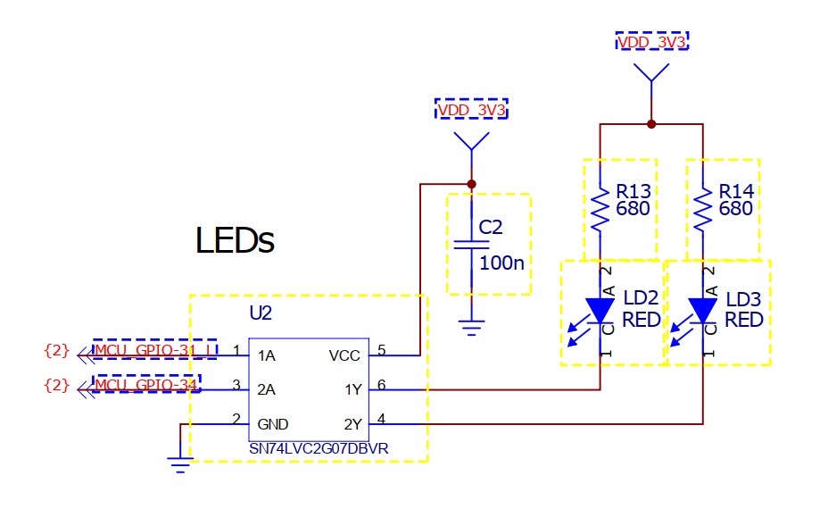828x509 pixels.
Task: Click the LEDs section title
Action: [235, 240]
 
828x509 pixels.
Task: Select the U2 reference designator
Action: [261, 313]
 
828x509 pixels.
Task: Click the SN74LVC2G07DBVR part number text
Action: [319, 449]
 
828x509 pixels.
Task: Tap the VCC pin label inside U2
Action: [344, 355]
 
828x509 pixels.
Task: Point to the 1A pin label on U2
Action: [266, 355]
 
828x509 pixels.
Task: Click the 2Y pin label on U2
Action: [352, 424]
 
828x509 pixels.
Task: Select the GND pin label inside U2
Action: [272, 424]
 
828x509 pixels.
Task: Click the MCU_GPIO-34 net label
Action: [146, 384]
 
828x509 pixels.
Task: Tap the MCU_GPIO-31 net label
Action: [154, 350]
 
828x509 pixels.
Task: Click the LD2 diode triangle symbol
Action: [600, 310]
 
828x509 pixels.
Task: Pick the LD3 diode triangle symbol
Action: [703, 310]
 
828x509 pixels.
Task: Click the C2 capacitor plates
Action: [472, 244]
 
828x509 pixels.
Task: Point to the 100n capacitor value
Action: [501, 263]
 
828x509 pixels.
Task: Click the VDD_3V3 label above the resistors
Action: [651, 42]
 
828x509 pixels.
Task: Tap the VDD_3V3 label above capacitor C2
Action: [472, 110]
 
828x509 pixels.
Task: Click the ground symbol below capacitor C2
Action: [472, 328]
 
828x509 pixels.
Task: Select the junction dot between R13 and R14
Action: [651, 124]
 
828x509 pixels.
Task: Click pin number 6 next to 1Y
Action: [381, 385]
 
